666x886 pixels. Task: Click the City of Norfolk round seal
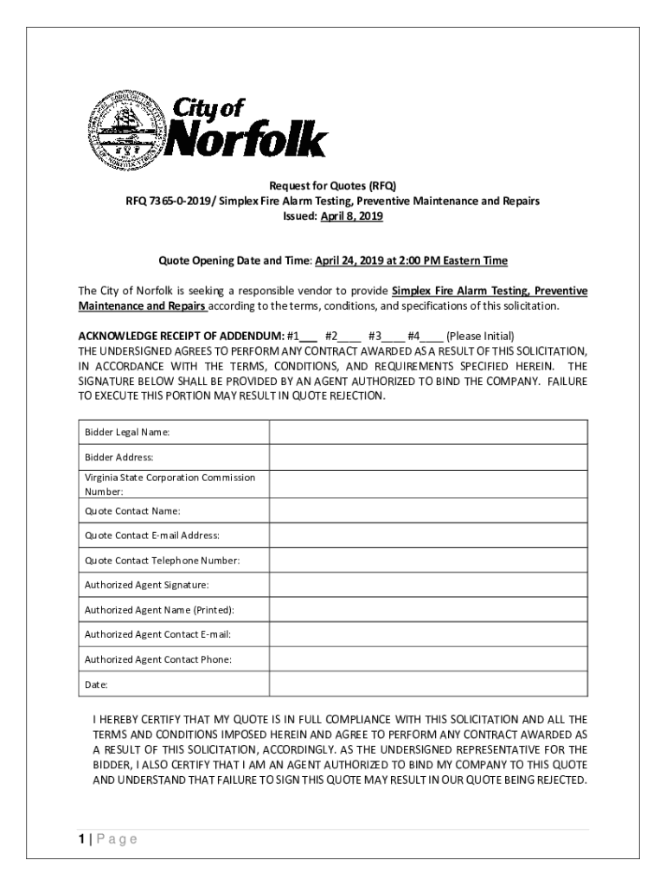click(128, 129)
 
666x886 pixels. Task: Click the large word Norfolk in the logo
click(245, 140)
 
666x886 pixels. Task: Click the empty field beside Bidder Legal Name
click(428, 432)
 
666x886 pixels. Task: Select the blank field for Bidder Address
click(428, 457)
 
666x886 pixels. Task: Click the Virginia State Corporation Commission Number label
click(170, 484)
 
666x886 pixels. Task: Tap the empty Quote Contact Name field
click(428, 510)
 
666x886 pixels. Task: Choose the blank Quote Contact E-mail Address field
click(428, 536)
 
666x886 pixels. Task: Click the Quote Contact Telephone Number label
click(162, 561)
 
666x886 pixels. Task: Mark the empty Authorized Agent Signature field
click(428, 585)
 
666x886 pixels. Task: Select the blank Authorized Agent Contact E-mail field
click(428, 634)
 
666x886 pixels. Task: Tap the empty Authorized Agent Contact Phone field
click(428, 659)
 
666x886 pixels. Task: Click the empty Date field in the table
click(428, 684)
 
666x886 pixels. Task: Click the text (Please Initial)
click(480, 336)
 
